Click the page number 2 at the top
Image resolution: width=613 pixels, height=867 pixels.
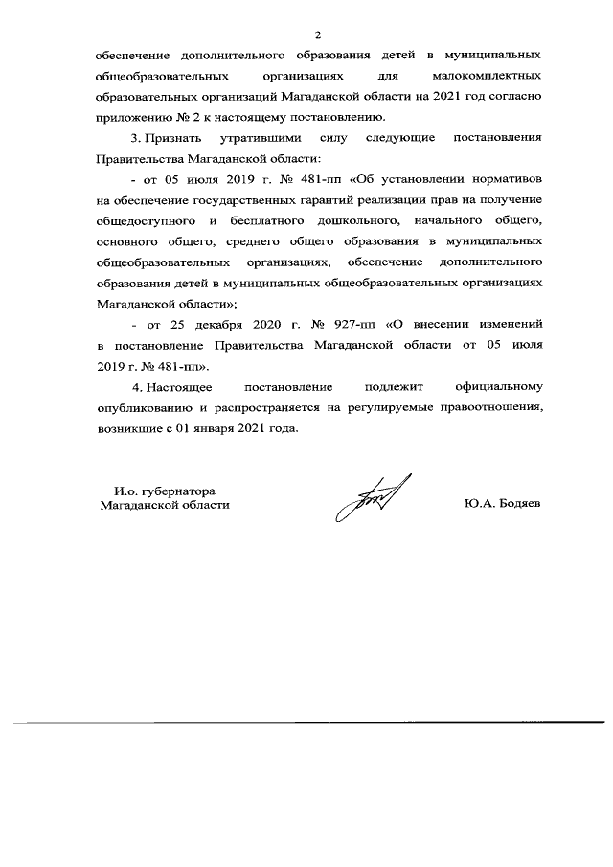click(306, 35)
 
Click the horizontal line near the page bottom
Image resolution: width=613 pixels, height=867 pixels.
click(306, 722)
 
